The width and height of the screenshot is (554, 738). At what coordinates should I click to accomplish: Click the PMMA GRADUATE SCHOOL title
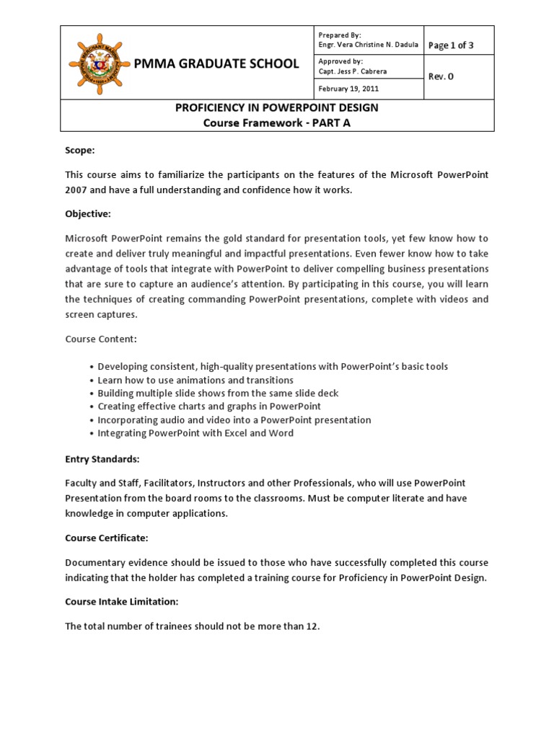pos(216,63)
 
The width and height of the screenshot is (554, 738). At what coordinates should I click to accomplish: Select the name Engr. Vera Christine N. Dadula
pos(368,45)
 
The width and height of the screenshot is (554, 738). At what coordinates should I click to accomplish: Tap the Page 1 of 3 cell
pos(451,45)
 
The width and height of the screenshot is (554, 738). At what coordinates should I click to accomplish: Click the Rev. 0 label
pos(441,76)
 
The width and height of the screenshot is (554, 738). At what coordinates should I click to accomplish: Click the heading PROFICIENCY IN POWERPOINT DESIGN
pos(277,107)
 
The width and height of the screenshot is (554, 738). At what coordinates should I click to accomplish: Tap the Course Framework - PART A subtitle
pos(277,123)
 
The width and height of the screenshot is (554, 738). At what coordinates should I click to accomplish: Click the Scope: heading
pos(80,150)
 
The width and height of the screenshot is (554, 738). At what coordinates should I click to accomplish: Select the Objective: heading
pos(88,214)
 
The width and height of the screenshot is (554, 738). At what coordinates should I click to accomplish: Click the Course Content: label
pos(100,339)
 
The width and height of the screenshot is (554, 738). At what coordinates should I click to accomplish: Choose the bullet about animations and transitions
pos(195,380)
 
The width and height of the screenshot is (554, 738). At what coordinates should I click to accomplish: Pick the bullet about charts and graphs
pos(209,406)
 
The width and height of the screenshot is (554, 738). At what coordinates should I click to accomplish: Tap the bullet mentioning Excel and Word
pos(195,433)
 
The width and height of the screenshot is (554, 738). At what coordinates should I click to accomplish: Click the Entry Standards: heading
pos(102,459)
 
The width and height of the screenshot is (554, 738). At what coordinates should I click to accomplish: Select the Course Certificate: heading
pos(107,538)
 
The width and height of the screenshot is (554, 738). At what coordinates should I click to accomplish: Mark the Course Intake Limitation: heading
pos(121,602)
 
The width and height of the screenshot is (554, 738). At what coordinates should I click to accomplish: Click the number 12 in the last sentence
pos(311,626)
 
